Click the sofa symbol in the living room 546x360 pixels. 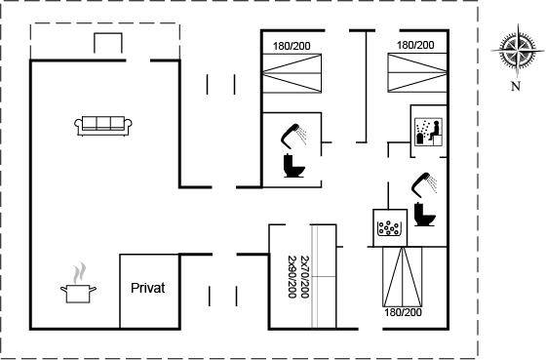[103, 126]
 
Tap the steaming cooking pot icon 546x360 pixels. [78, 284]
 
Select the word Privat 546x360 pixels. [147, 288]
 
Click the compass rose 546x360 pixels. [518, 51]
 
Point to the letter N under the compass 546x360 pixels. [516, 86]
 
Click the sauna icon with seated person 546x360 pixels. [429, 132]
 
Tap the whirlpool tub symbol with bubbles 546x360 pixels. [389, 228]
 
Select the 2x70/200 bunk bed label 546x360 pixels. [304, 277]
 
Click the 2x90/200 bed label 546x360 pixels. [292, 277]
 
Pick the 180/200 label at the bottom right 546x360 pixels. [403, 312]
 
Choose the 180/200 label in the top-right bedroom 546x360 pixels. [415, 45]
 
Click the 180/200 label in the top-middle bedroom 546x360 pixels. [292, 46]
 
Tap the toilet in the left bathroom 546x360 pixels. [294, 166]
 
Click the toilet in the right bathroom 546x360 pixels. [425, 215]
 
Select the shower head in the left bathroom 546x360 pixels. [294, 135]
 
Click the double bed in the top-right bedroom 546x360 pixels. [417, 73]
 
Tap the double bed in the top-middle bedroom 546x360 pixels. [292, 73]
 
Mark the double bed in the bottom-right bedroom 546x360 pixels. [403, 277]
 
